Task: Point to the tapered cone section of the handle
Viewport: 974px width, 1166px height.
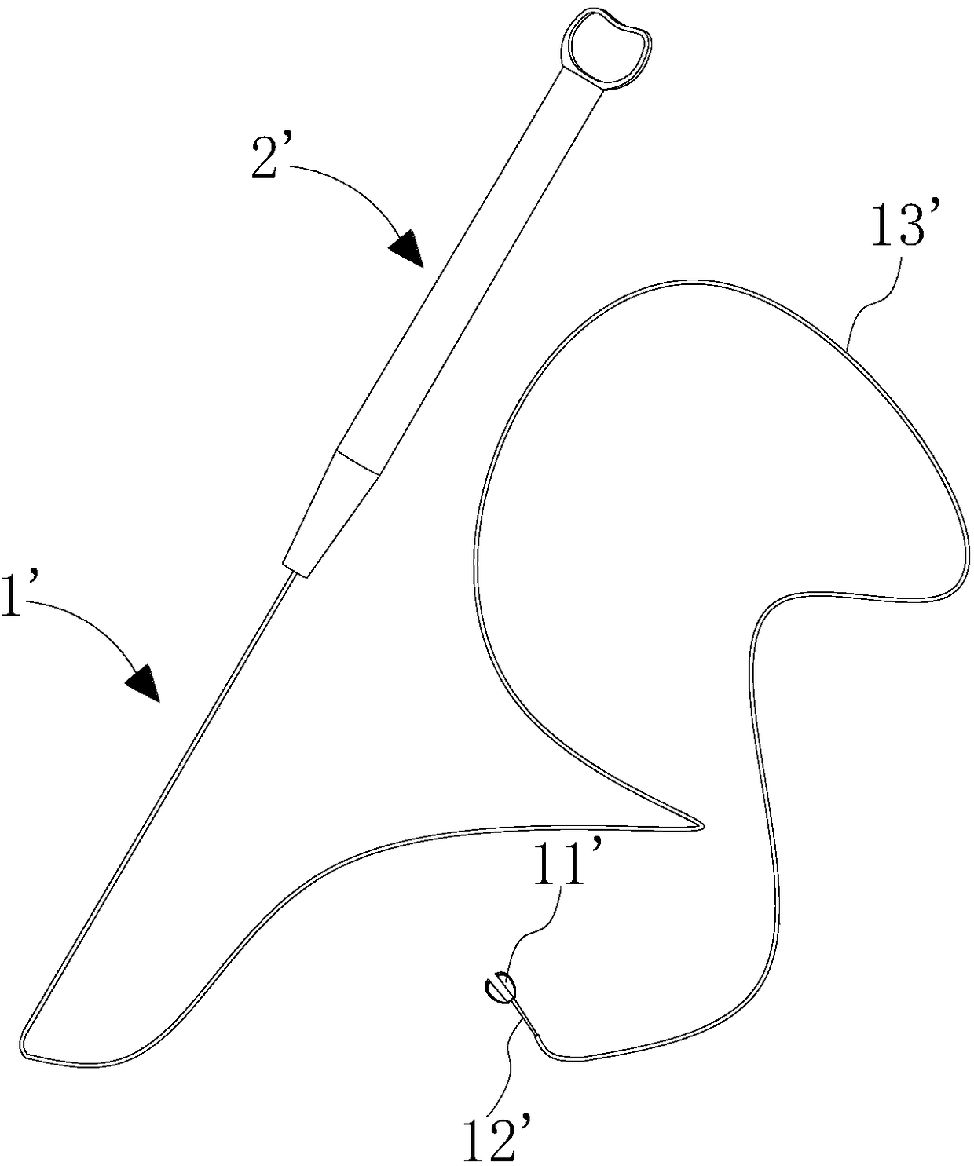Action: click(334, 510)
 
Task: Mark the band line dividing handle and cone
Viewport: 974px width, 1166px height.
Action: click(359, 462)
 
